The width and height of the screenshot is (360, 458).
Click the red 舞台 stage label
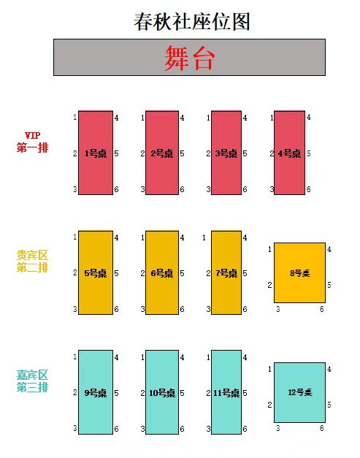pos(189,58)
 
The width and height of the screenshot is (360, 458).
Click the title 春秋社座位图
pos(192,22)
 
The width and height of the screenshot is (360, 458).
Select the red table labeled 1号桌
pos(96,153)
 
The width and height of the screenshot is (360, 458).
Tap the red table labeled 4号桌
pos(289,153)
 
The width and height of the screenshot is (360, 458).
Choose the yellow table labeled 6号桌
pos(162,272)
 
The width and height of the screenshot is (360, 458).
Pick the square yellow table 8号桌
pos(299,272)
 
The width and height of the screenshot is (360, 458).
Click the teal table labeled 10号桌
pos(162,392)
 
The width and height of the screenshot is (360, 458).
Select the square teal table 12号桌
pos(299,392)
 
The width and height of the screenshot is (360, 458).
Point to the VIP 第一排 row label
pos(32,142)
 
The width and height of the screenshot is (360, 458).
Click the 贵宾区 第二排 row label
pos(32,262)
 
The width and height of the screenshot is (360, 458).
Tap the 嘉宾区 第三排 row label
pos(32,381)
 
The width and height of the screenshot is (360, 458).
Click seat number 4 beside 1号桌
pos(117,118)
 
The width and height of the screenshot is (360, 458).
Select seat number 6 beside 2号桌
pos(182,189)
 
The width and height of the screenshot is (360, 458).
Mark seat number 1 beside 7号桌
pos(204,237)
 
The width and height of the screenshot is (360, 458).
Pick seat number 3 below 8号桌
pos(278,309)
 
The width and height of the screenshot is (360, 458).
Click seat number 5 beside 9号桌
pos(117,393)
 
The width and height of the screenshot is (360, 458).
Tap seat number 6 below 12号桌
pos(322,428)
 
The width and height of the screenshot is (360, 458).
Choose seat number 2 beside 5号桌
pos(75,272)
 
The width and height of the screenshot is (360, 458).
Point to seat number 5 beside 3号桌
pos(245,153)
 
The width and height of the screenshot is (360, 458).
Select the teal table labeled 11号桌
pos(226,392)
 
